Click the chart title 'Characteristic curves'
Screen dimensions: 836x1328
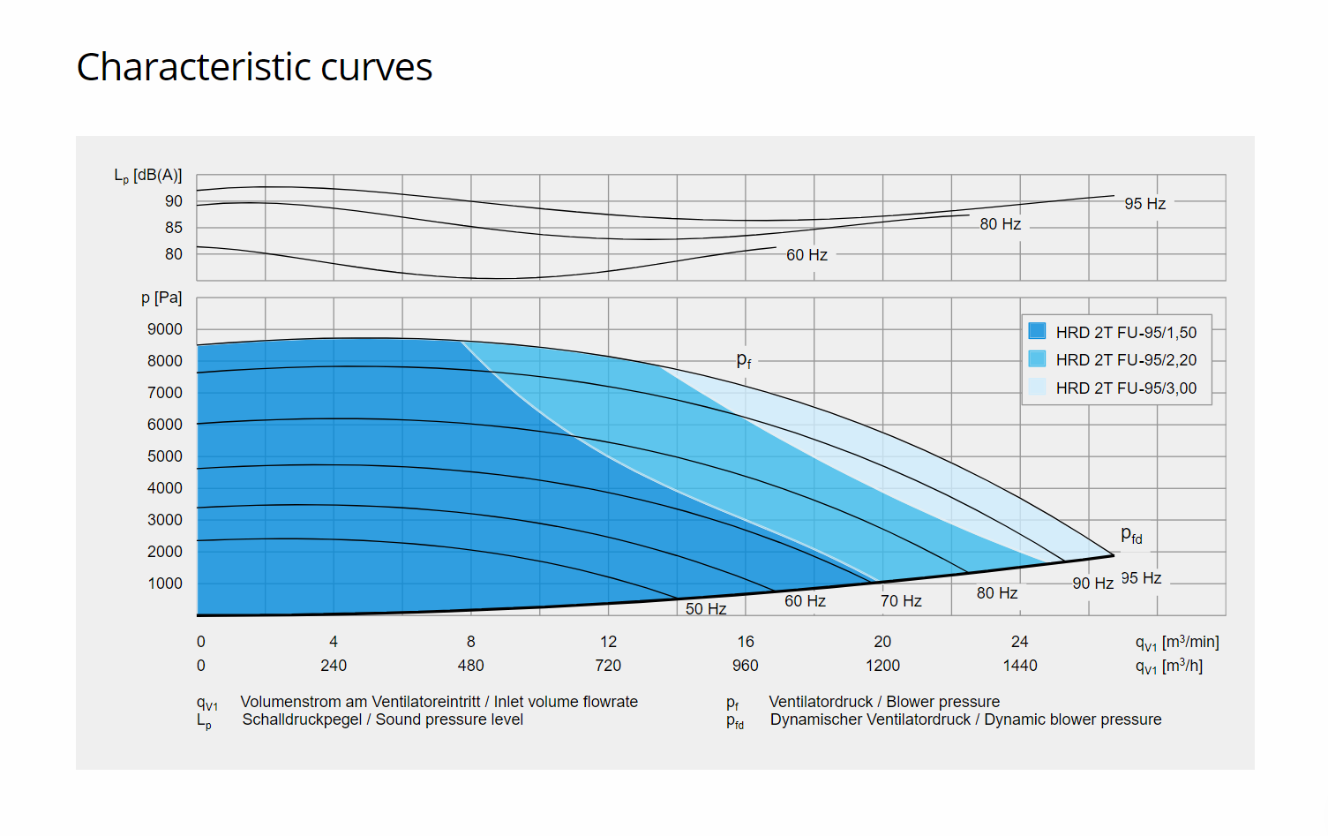254,67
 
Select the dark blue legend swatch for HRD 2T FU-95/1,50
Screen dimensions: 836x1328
1037,331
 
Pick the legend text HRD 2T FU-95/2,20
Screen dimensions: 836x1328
1126,360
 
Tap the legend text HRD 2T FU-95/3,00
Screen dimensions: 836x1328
1126,388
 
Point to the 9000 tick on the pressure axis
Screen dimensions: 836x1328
165,329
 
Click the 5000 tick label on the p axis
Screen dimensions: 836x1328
165,456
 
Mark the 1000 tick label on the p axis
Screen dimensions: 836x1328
165,584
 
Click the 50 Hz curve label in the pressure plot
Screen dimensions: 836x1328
706,609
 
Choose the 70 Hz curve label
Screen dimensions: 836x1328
901,601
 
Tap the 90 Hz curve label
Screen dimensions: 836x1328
1092,584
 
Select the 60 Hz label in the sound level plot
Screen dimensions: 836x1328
807,255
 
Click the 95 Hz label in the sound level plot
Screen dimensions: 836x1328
1144,204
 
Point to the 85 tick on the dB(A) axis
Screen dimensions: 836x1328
174,228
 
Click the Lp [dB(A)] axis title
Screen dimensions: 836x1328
147,176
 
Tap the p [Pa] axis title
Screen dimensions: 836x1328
161,298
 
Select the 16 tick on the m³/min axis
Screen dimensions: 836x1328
746,642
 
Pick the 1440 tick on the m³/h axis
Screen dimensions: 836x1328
1019,666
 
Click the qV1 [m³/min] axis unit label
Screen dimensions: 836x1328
1177,643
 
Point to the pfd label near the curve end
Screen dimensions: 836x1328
1131,535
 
